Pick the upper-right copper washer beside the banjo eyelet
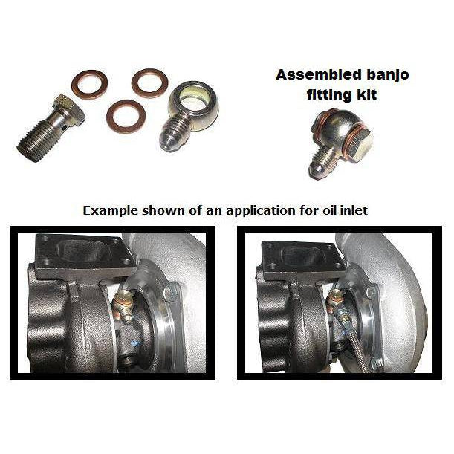tap(149, 83)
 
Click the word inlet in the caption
tap(352, 210)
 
